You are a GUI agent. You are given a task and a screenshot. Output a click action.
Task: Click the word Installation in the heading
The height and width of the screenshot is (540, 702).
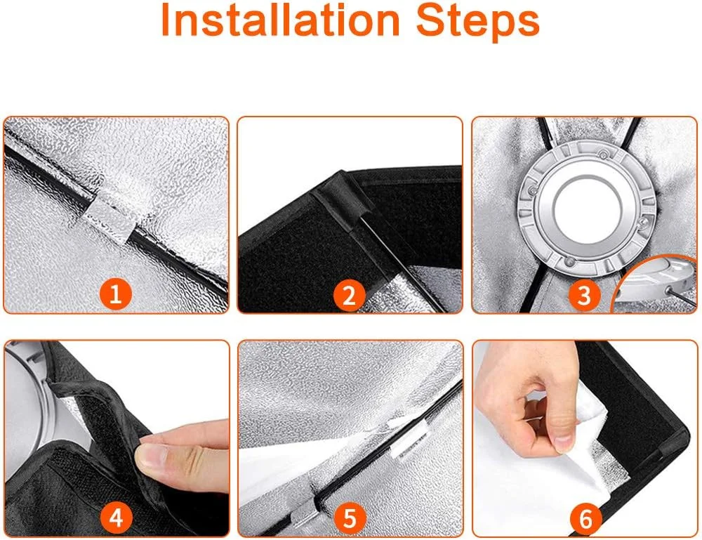point(280,20)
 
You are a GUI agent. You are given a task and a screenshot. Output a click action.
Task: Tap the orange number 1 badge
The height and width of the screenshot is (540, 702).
point(116,295)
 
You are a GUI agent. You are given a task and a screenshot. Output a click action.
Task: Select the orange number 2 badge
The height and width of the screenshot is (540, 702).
point(349,296)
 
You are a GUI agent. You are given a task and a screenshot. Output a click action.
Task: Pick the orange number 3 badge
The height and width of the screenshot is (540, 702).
point(584,296)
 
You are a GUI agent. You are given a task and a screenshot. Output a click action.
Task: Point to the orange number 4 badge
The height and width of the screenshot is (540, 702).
point(116,518)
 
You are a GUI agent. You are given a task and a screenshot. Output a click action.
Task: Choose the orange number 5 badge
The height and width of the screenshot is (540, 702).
point(349,519)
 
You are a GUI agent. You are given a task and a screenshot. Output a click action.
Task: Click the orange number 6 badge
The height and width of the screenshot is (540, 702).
point(585,520)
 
